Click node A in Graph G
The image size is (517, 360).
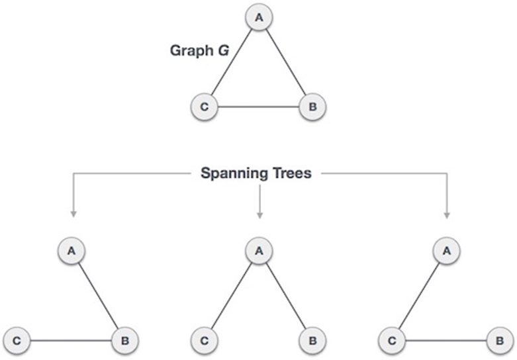pos(258,18)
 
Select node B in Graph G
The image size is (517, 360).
pos(312,107)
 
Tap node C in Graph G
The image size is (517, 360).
pos(205,107)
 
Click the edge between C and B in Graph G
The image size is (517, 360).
pos(258,107)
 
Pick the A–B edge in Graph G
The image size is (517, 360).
pos(285,62)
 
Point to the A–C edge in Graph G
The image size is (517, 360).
pos(232,62)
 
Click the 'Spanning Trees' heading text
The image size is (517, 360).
pos(258,174)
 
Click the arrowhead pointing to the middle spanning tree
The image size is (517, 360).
pos(259,214)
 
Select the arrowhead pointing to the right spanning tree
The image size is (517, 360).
pos(447,214)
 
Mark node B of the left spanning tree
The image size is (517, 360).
pos(126,341)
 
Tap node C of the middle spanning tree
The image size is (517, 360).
pos(205,341)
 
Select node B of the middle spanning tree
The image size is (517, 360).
pos(312,341)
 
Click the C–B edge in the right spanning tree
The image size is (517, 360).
pos(446,341)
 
